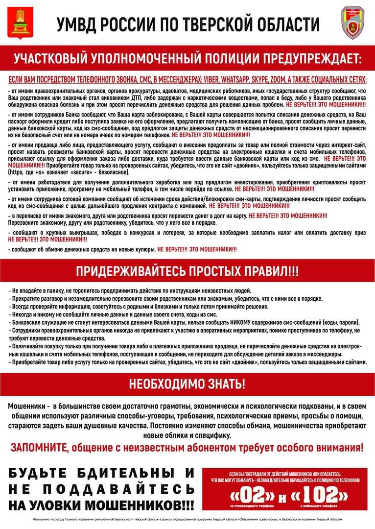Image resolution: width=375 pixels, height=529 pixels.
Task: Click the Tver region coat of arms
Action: [20, 23]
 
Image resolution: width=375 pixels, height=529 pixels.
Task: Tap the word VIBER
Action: [207, 80]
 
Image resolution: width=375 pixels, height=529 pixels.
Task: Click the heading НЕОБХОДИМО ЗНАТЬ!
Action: [187, 384]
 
